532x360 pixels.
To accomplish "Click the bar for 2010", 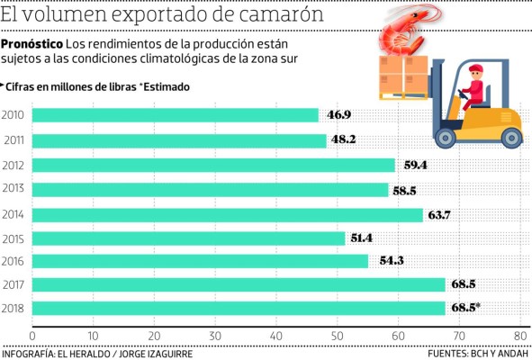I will tap(176, 115).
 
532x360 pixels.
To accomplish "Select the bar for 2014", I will tap(227, 215).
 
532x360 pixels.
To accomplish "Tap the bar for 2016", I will tap(200, 261).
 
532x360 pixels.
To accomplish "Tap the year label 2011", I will tap(14, 140).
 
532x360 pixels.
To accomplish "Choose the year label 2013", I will tap(14, 189).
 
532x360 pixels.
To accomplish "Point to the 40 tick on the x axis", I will tap(276, 334).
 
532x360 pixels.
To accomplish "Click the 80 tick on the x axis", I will tap(519, 334).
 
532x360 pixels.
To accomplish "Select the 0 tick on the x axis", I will tap(32, 334).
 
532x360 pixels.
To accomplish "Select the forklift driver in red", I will tap(473, 90).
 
